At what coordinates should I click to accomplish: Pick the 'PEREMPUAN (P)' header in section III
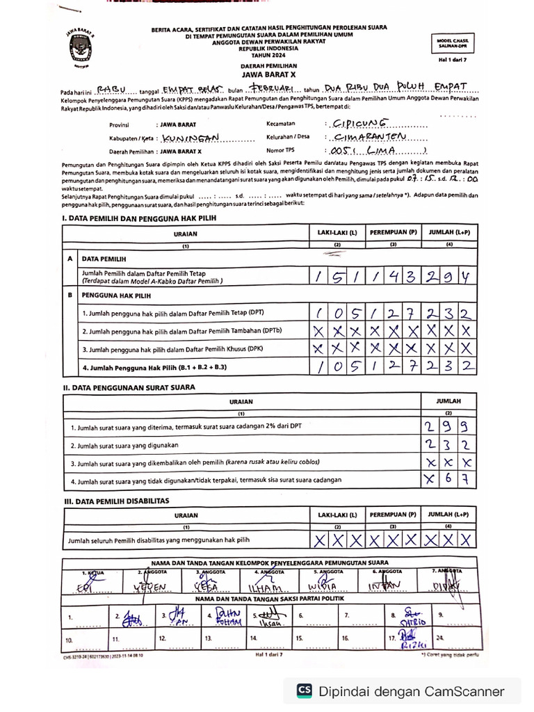pyautogui.click(x=393, y=515)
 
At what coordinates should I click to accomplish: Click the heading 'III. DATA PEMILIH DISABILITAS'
pyautogui.click(x=116, y=501)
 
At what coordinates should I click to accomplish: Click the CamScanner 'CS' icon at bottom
pyautogui.click(x=304, y=691)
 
